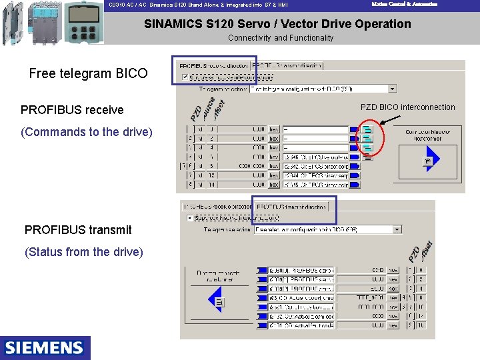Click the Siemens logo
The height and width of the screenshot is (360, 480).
click(45, 347)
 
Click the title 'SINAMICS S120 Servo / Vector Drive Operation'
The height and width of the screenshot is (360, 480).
click(277, 24)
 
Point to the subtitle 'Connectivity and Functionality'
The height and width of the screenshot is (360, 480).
click(281, 38)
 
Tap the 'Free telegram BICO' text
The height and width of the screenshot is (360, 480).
click(88, 73)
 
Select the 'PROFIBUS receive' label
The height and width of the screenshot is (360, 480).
click(72, 109)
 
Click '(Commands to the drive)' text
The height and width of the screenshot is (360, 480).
click(87, 131)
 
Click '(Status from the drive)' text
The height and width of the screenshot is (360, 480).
click(83, 251)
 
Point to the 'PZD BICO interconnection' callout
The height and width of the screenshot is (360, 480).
click(407, 107)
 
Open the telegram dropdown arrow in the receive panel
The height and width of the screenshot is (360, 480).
click(393, 88)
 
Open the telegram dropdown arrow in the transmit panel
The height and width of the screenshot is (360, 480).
click(397, 229)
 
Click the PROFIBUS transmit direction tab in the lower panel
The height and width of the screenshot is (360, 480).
click(291, 207)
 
